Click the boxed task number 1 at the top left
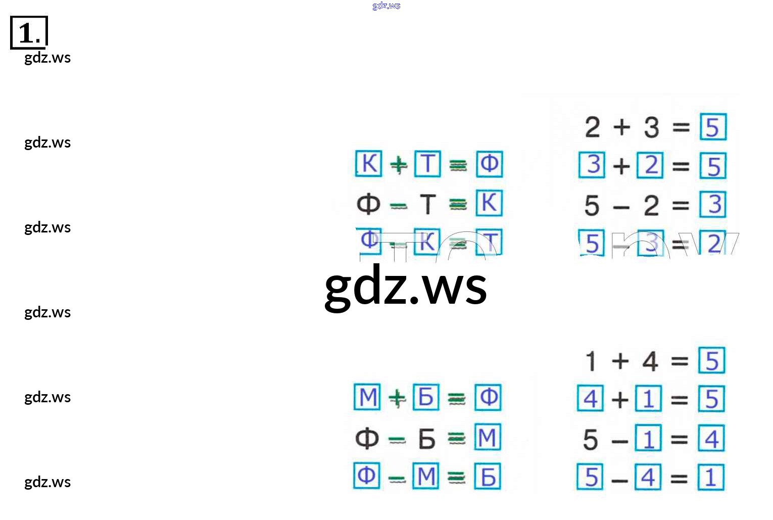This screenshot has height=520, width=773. coord(29,33)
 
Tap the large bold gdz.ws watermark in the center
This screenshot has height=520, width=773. coord(406,287)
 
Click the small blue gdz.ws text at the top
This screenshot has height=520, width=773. coord(386,6)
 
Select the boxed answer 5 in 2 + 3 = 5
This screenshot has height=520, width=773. coord(713,127)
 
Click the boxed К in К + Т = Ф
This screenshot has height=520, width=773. coord(369,164)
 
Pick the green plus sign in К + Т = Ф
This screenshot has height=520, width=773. coord(399,164)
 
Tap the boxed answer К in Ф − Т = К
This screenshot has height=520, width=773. coord(489,203)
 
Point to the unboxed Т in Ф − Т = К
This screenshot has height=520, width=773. coord(427,204)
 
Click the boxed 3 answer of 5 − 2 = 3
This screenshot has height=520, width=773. coord(713,204)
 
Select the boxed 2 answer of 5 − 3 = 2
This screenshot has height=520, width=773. coord(713,243)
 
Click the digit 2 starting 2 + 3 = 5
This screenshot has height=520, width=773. coord(592,127)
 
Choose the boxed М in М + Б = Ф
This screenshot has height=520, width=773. coord(367,397)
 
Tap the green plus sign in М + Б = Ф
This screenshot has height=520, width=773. coord(397,398)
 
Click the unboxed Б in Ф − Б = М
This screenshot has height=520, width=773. coord(426,439)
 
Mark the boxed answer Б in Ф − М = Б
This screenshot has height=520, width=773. coord(488,477)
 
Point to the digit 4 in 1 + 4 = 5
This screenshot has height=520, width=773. coord(650,361)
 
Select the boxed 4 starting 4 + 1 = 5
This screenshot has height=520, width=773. coord(590,398)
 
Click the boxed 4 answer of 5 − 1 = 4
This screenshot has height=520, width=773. coord(711,439)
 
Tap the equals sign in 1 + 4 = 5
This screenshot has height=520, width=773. coord(680,361)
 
